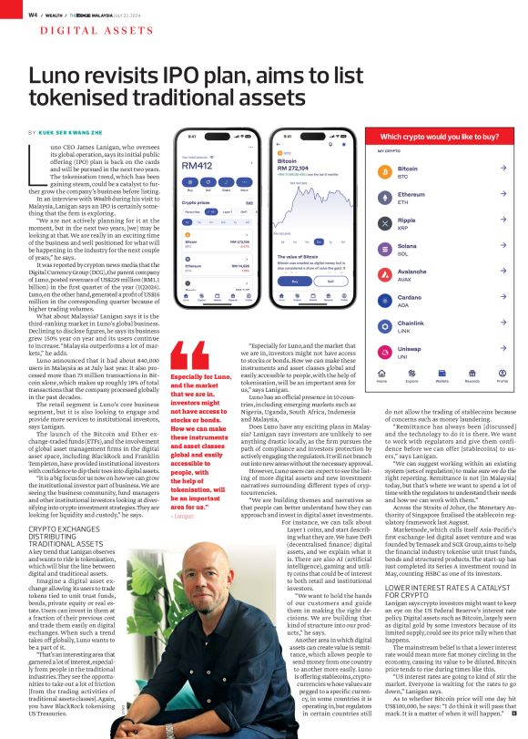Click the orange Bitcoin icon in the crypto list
(x=382, y=170)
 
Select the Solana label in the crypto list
(x=408, y=245)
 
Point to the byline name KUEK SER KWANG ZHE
(x=79, y=131)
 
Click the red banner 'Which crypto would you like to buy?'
(x=432, y=136)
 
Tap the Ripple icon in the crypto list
(x=382, y=221)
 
